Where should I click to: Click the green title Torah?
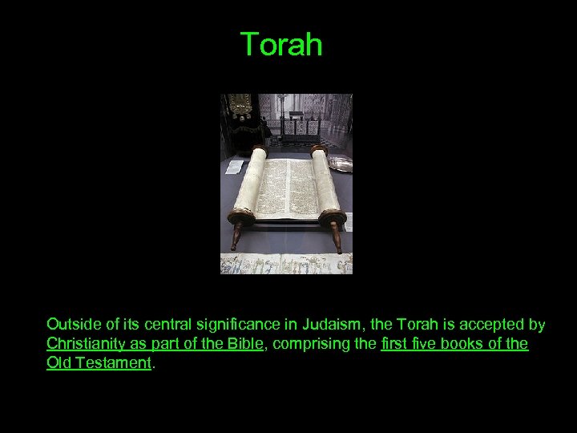click(x=281, y=45)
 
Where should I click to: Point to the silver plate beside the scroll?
click(x=341, y=164)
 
